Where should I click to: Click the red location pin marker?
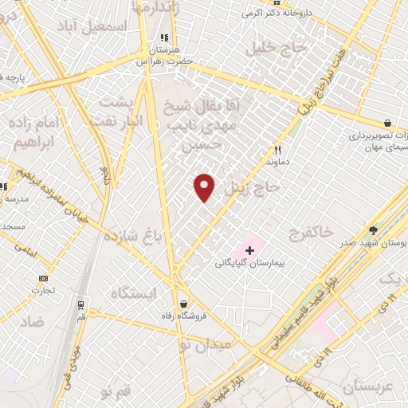(205, 187)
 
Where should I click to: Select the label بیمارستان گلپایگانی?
(250, 263)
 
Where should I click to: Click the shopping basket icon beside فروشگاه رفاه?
(185, 304)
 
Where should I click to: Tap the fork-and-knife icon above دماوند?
(278, 149)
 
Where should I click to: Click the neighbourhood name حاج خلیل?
(278, 48)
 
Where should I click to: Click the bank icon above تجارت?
(43, 278)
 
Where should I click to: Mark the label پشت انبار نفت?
(121, 111)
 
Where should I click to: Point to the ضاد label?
(33, 321)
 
